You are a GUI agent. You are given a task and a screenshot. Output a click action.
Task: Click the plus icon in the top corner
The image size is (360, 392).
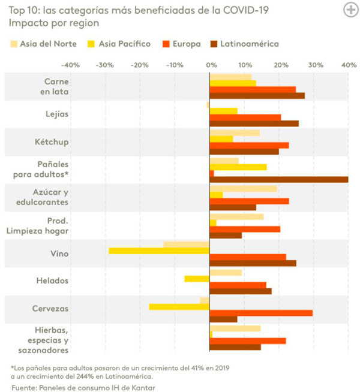point(350,10)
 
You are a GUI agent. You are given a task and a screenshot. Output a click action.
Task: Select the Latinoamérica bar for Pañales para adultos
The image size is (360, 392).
point(278,180)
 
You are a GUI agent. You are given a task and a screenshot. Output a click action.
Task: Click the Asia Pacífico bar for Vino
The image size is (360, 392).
point(159,251)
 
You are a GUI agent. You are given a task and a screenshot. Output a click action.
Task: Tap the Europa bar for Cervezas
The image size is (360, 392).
point(261,313)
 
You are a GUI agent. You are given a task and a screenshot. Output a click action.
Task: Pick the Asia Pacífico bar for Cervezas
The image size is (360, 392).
point(179,306)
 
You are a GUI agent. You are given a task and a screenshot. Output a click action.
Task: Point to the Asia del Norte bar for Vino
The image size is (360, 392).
point(187,244)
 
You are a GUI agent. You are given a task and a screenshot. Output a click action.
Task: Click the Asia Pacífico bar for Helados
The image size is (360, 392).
point(197,279)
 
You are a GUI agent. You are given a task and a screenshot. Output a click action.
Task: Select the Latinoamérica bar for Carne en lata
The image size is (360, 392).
point(257,95)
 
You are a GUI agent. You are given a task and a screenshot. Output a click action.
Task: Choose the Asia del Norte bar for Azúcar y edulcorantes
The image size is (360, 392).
point(243,188)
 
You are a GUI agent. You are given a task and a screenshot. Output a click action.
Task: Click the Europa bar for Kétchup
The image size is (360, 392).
point(249,145)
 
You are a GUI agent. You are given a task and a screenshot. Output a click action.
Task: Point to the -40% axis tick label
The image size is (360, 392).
point(70,65)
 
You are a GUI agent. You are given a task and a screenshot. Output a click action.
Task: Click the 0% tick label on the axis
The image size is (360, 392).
point(210,65)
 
